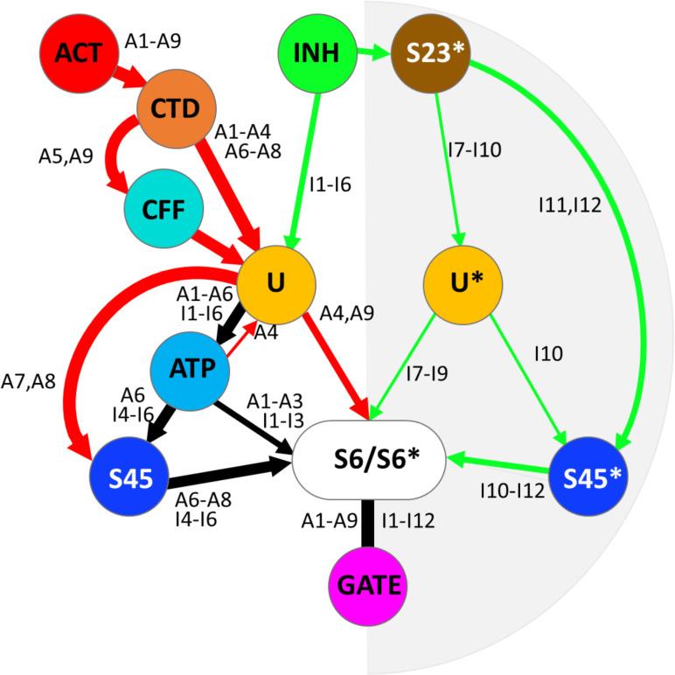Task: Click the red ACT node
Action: pos(76,53)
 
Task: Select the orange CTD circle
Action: pos(176,108)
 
